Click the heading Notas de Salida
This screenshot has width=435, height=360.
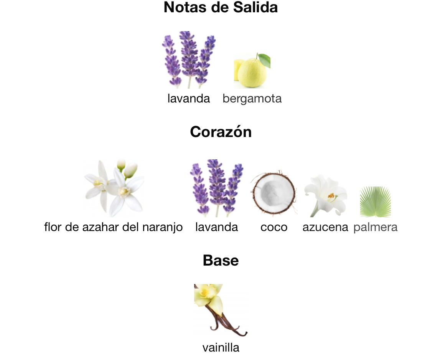pos(221,8)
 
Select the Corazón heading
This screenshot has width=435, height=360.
pos(221,132)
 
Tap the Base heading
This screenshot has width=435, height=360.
pos(221,261)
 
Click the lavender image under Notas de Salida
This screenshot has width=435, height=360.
pos(188,59)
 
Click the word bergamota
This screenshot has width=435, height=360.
pos(252,99)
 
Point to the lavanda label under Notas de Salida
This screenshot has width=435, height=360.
pos(189,99)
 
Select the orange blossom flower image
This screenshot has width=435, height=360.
pos(114,188)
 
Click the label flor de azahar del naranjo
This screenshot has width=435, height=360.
pos(113,227)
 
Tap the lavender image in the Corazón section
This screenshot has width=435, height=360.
pos(216,188)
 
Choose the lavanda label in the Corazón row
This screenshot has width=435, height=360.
pos(216,227)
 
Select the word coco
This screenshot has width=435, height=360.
pos(274,227)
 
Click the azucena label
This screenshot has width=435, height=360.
pos(325,227)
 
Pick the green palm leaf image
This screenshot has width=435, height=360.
pos(375,201)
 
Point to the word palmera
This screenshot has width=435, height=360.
pos(376,227)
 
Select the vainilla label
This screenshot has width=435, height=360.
pos(221,348)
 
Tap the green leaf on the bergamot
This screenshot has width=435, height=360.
pos(264,59)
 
